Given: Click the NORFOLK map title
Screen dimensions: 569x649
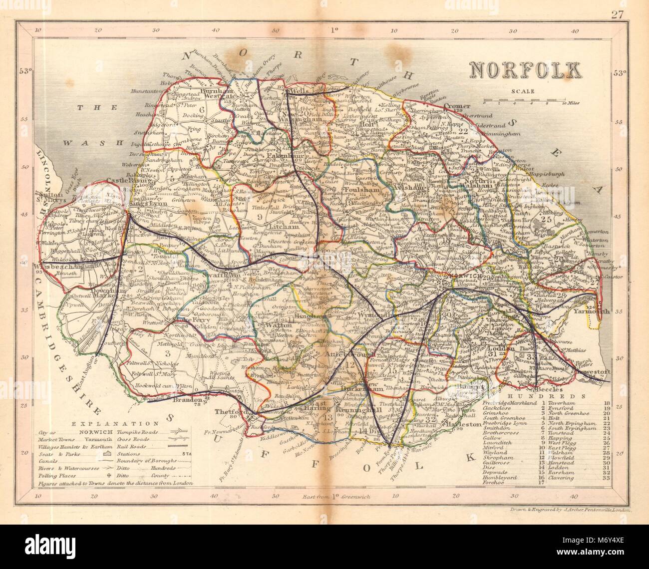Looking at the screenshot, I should click(522, 70).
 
